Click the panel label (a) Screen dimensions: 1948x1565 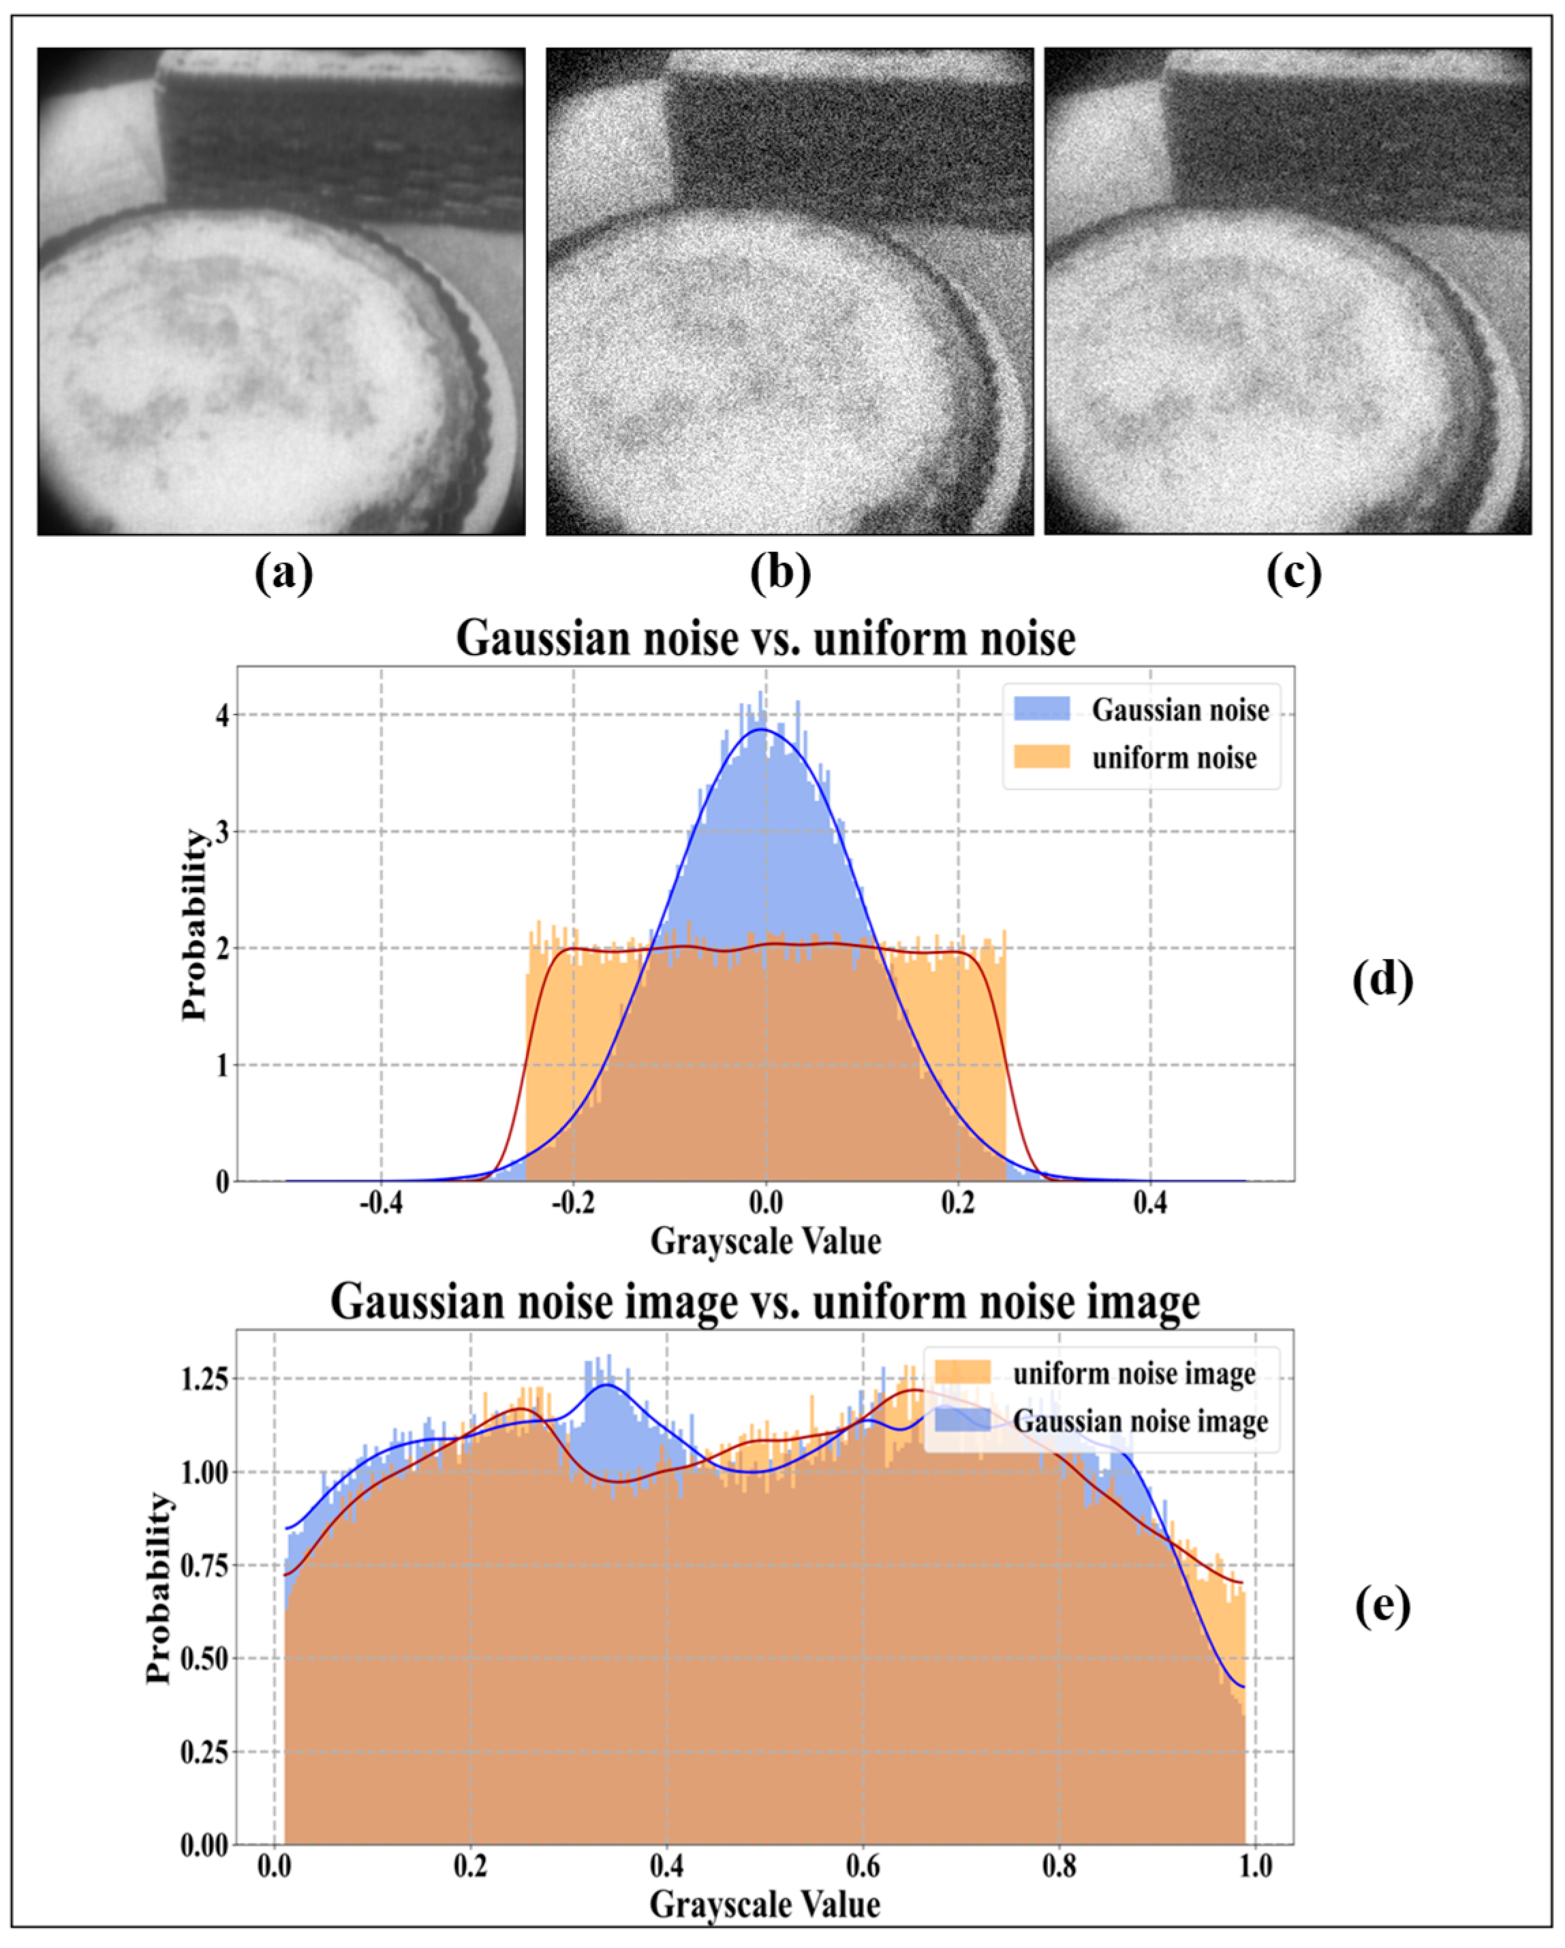pyautogui.click(x=283, y=573)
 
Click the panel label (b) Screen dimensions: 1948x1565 pyautogui.click(x=781, y=573)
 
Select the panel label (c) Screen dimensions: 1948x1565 pyautogui.click(x=1293, y=573)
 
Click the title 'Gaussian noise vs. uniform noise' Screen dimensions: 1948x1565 pyautogui.click(x=765, y=639)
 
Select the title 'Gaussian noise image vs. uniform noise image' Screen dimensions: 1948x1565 pyautogui.click(x=765, y=1302)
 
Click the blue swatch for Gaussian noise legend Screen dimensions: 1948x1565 pyautogui.click(x=1041, y=709)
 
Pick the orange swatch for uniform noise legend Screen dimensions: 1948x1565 pyautogui.click(x=1041, y=756)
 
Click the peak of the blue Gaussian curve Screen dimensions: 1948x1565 pyautogui.click(x=762, y=729)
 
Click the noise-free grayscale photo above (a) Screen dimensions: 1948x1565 pyautogui.click(x=281, y=291)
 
